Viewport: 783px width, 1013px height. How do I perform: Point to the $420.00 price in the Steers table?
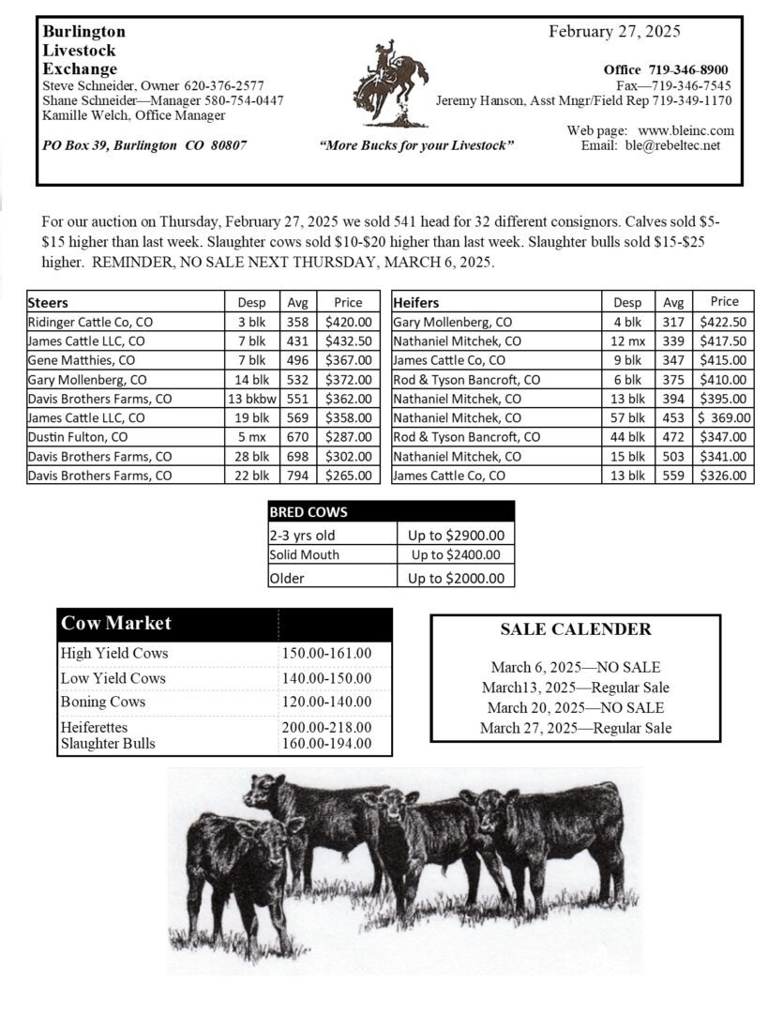348,322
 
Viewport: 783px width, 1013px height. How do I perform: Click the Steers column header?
49,302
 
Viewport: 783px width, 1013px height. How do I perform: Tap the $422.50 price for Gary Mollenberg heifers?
724,322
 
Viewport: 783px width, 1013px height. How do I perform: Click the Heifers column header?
416,302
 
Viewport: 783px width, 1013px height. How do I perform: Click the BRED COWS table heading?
309,513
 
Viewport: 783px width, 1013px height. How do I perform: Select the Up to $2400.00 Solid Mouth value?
457,555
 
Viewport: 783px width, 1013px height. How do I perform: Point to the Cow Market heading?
116,624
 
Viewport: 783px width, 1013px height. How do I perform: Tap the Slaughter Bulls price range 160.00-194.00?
325,744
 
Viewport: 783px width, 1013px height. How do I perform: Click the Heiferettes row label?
94,727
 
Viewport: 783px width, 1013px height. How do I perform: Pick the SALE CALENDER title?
576,629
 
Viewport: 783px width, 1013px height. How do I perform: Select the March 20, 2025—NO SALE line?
576,707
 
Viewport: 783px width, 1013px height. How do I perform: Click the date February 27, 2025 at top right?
614,31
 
